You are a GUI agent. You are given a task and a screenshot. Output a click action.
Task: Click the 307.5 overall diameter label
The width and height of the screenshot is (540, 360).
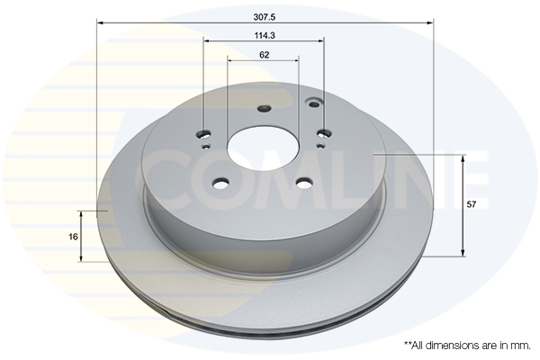pos(265,17)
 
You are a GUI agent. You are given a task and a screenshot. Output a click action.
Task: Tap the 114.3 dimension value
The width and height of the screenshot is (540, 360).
pos(265,35)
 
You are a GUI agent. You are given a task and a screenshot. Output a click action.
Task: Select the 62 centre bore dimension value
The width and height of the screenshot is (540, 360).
pos(264,55)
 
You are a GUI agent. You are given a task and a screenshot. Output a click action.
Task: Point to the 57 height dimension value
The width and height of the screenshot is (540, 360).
pos(471,204)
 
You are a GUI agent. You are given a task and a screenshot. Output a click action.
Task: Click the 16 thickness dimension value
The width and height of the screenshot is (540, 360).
pos(73,237)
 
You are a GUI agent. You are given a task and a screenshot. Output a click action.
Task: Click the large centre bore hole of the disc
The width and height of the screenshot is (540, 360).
pos(263,148)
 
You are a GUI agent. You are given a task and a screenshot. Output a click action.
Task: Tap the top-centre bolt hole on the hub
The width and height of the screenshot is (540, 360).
pos(264,109)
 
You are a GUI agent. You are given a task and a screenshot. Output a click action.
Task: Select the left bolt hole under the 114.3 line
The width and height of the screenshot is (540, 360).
pos(205,134)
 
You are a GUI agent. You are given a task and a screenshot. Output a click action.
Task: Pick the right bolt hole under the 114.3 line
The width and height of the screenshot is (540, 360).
pos(324,133)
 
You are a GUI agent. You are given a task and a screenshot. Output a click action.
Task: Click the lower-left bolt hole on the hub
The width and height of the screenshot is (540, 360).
pos(220,184)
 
